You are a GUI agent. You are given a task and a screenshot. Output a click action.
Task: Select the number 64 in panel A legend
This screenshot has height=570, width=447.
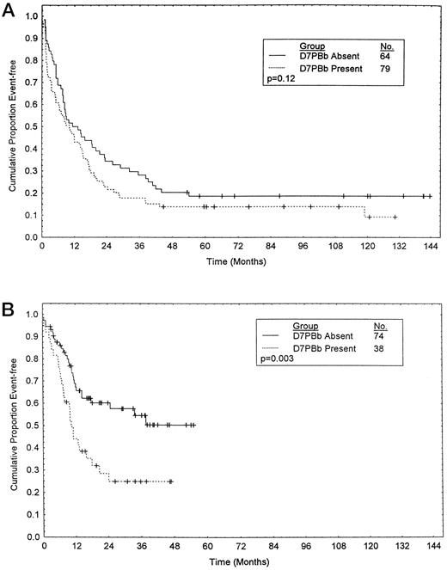pyautogui.click(x=385, y=56)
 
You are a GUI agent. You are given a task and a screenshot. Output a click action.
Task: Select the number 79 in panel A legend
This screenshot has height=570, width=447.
pyautogui.click(x=385, y=67)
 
